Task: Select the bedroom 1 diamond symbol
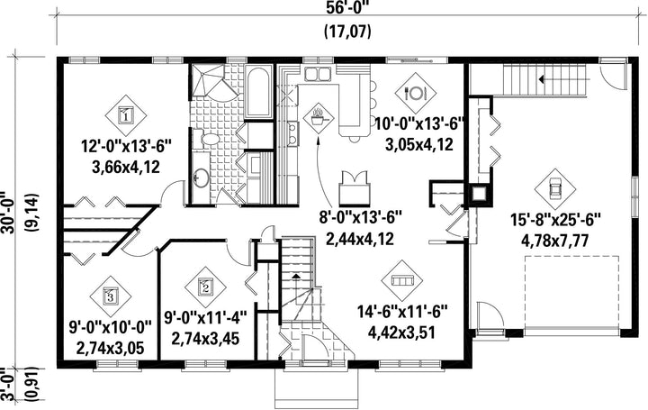pos(126,115)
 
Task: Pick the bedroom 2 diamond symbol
pos(205,287)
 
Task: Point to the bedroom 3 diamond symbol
pos(111,296)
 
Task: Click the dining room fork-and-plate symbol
pos(415,93)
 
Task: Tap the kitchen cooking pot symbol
pos(318,118)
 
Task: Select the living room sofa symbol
pos(402,280)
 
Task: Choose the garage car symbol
pos(555,189)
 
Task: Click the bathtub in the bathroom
pos(259,91)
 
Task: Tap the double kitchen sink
pos(318,74)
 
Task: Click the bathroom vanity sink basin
pos(202,178)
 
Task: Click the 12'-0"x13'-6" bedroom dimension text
pos(125,146)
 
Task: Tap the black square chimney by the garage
pos(481,195)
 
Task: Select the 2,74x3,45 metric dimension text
pos(205,339)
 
